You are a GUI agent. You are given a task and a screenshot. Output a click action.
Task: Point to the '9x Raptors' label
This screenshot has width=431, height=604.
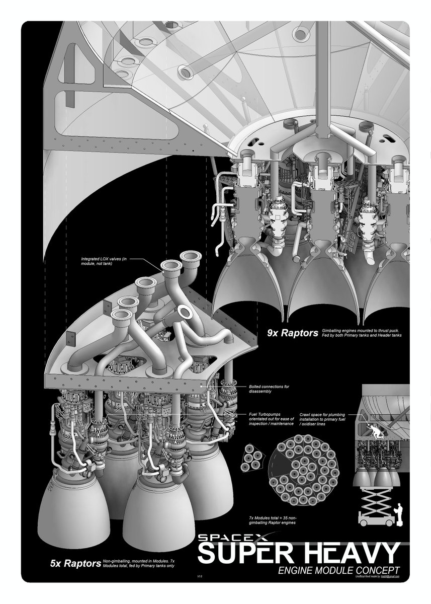[293, 333]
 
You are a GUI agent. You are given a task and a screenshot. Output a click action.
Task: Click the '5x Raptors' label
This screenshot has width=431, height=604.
[75, 564]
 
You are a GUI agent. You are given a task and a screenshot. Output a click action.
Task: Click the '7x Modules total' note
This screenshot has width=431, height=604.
[272, 520]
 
